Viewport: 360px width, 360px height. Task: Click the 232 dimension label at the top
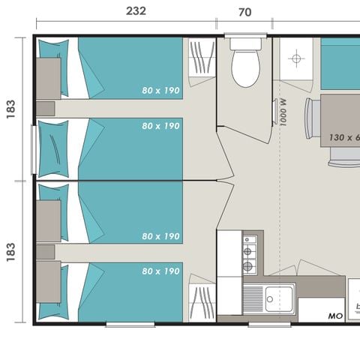(136, 11)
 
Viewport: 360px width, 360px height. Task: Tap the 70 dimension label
(244, 12)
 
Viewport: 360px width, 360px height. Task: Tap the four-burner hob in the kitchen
(247, 254)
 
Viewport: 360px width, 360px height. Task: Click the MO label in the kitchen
(335, 316)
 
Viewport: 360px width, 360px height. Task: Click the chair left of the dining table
(311, 118)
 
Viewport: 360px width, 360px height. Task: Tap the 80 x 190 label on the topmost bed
(160, 91)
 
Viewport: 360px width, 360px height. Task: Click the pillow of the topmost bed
(54, 58)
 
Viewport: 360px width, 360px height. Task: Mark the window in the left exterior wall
(33, 149)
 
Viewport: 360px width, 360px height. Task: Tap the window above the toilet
(247, 34)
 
